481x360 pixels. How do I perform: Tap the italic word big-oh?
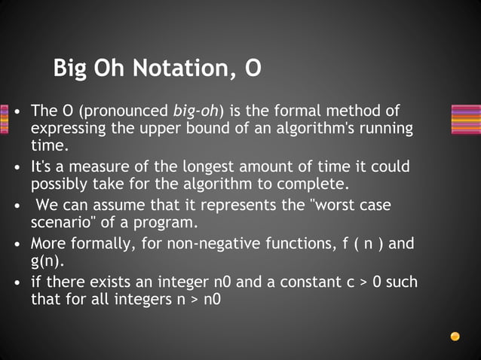click(x=195, y=111)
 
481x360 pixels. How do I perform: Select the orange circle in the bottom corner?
click(x=455, y=336)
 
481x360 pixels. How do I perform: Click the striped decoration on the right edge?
click(x=465, y=119)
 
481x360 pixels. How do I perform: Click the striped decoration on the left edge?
click(x=4, y=119)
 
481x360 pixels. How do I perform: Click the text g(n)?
click(x=47, y=261)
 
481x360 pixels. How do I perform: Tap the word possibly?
click(x=59, y=184)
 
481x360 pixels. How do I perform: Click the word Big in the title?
click(x=71, y=69)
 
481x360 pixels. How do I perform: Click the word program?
click(x=189, y=223)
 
